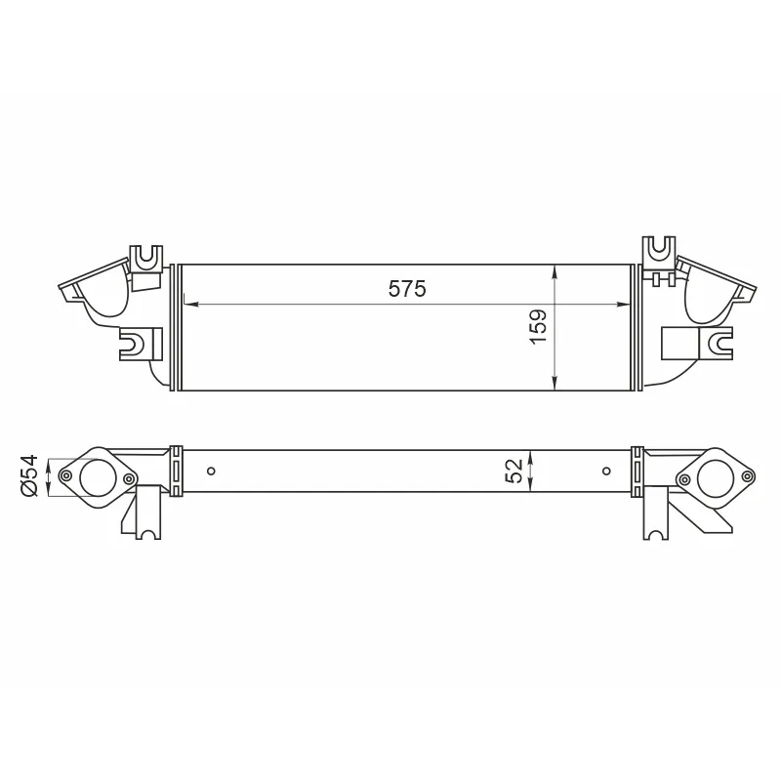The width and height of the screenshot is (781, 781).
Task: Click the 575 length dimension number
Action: pyautogui.click(x=407, y=289)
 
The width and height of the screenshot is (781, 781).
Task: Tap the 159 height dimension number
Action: pyautogui.click(x=539, y=327)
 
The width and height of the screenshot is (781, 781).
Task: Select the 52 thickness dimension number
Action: pyautogui.click(x=514, y=471)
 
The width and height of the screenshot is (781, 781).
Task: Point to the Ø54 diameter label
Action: pyautogui.click(x=29, y=475)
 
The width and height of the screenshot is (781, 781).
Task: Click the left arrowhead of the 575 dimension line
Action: pyautogui.click(x=191, y=304)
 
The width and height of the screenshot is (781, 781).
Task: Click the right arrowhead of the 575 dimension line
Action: pyautogui.click(x=623, y=304)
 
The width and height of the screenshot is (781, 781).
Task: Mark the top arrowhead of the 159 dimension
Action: pyautogui.click(x=555, y=272)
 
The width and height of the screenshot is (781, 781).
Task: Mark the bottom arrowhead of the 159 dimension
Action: pyautogui.click(x=555, y=383)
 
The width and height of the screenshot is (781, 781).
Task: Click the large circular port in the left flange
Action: pyautogui.click(x=98, y=477)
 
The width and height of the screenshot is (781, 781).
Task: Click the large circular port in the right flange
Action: pyautogui.click(x=716, y=478)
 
